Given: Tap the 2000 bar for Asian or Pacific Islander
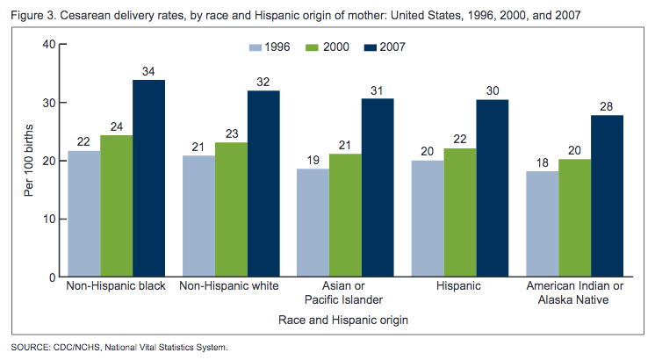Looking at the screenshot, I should coord(346,215).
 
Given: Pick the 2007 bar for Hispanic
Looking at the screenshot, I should coord(492,188).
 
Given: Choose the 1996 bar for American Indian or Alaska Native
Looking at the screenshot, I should coord(543,224).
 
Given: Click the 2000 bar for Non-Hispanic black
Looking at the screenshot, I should coord(116,206).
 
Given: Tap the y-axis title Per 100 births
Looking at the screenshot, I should coord(29,161).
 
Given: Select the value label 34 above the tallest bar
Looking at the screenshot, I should coord(149,71).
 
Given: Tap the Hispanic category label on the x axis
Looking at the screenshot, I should coord(459,286).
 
